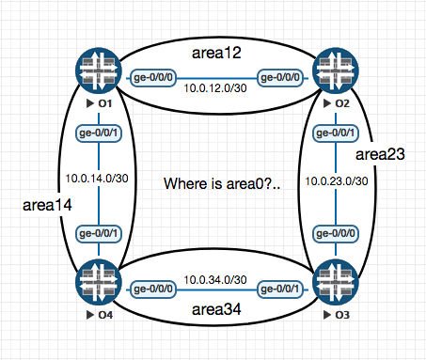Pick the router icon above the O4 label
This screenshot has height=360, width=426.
click(x=100, y=280)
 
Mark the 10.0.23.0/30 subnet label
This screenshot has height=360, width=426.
click(x=335, y=180)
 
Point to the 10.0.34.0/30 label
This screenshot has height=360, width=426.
click(x=216, y=280)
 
